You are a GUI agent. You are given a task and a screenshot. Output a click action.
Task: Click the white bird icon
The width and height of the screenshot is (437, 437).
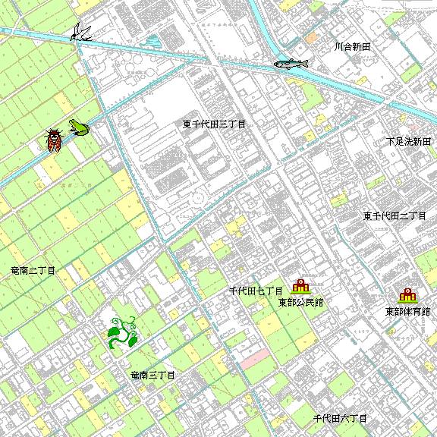click(80, 32)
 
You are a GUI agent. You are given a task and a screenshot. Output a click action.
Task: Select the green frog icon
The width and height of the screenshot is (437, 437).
click(77, 127)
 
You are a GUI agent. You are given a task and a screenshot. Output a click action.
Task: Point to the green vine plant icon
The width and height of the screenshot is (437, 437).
click(121, 333)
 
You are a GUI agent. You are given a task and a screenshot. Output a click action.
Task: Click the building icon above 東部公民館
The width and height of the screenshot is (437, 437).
click(300, 287)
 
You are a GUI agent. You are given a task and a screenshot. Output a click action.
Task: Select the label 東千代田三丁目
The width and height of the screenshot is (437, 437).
click(215, 124)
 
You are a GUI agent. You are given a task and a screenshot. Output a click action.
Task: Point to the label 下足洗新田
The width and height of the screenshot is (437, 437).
click(408, 141)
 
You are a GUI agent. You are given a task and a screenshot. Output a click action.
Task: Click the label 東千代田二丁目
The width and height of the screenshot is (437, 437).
click(395, 216)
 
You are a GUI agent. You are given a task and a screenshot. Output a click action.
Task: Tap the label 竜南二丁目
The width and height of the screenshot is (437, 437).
click(33, 270)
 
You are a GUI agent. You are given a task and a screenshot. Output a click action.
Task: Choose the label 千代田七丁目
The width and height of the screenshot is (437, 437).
click(256, 291)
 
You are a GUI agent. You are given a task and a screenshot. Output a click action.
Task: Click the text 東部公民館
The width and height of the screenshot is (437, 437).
click(300, 302)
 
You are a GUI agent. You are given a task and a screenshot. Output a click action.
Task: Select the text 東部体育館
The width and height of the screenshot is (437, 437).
click(407, 311)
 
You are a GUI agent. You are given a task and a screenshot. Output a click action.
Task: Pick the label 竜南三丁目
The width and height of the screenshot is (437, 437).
click(152, 376)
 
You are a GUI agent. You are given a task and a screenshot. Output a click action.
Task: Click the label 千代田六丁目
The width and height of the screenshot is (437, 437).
click(341, 418)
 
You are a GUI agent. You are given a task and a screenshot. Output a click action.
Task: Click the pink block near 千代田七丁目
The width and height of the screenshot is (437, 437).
click(256, 354)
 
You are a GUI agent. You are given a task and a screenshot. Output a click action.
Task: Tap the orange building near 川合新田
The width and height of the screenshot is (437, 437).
click(311, 38)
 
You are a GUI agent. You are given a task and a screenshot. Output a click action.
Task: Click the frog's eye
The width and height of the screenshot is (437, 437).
click(74, 122)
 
